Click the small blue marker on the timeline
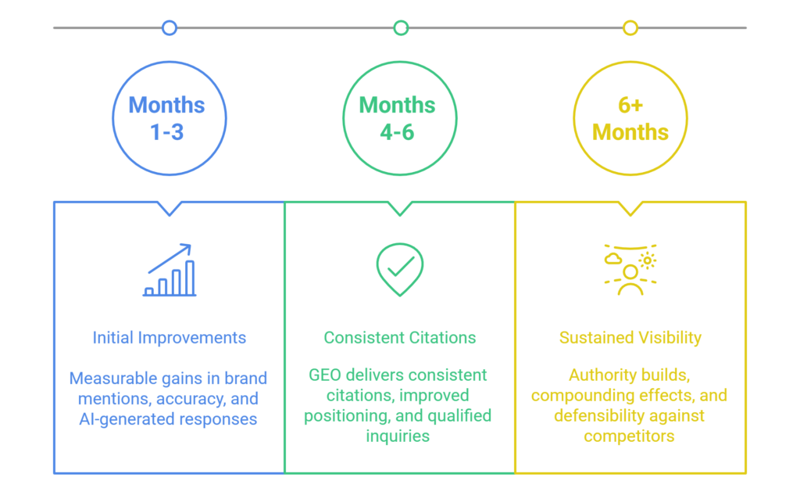pyautogui.click(x=169, y=28)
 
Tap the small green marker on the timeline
pyautogui.click(x=401, y=28)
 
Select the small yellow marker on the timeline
pyautogui.click(x=630, y=28)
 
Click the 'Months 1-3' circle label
pyautogui.click(x=167, y=118)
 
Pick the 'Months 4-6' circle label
pyautogui.click(x=398, y=118)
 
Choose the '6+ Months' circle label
pyautogui.click(x=630, y=118)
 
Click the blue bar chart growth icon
pyautogui.click(x=170, y=271)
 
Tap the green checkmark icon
pyautogui.click(x=400, y=268)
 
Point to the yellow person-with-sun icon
pyautogui.click(x=630, y=270)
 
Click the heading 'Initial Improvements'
pyautogui.click(x=169, y=339)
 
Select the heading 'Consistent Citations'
pyautogui.click(x=399, y=339)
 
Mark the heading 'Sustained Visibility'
pyautogui.click(x=630, y=339)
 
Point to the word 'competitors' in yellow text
pyautogui.click(x=629, y=436)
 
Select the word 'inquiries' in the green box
pyautogui.click(x=398, y=436)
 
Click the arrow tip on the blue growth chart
pyautogui.click(x=188, y=247)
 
